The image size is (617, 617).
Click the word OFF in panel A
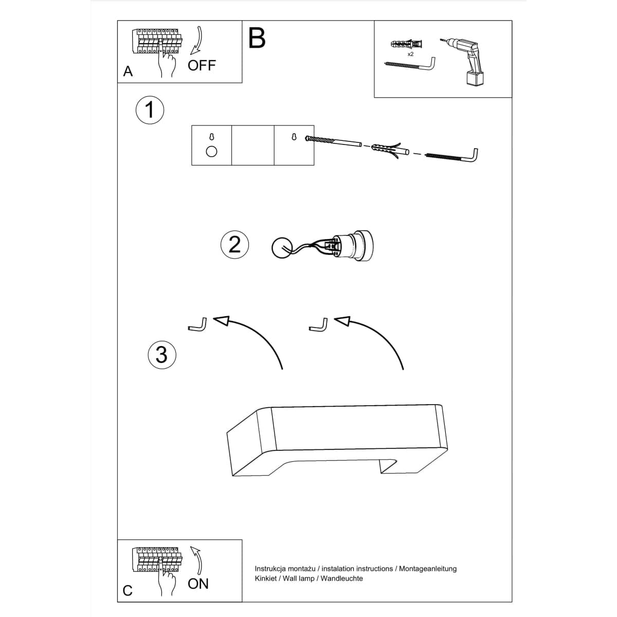(202, 65)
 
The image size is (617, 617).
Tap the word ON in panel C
(198, 584)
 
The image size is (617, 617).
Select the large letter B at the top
(257, 38)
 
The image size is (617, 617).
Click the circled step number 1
(150, 110)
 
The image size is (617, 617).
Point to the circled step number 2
(234, 244)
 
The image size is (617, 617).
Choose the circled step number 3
(161, 355)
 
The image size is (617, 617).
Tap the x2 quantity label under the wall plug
(411, 53)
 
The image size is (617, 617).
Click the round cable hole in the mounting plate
(211, 151)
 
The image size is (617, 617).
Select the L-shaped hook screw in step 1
(452, 155)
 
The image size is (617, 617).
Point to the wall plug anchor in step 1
(388, 150)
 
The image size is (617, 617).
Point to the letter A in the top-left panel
(128, 71)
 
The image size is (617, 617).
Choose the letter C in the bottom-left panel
(128, 591)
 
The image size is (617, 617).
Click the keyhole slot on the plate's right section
(294, 137)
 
